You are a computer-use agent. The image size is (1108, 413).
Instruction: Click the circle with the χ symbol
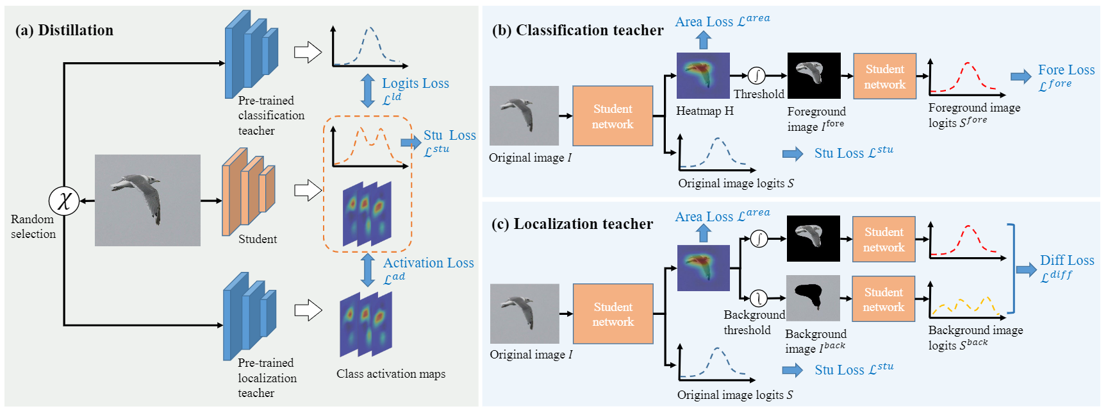pos(64,201)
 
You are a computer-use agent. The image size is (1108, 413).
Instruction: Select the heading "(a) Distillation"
pos(64,30)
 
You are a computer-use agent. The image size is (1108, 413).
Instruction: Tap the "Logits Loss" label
pos(415,83)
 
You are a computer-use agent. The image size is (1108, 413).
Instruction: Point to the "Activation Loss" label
pos(428,263)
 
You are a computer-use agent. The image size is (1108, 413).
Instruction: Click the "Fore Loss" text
pos(1066,70)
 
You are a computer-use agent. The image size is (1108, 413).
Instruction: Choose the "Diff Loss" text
pos(1066,260)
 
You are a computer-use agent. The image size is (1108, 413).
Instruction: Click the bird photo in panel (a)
pos(147,200)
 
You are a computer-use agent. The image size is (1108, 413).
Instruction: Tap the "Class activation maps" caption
pos(391,374)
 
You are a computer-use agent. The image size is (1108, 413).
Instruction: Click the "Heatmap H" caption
pos(704,111)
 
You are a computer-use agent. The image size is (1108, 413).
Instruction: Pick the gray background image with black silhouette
pos(813,298)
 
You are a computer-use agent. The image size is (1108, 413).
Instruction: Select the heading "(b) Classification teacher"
pos(577,30)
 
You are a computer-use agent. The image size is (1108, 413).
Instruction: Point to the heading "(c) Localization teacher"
pos(572,224)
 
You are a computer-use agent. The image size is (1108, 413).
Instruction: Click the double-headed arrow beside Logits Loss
pos(368,90)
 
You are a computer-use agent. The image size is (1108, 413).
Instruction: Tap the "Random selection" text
pos(33,226)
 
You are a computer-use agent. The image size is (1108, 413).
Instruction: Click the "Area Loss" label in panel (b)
pos(722,21)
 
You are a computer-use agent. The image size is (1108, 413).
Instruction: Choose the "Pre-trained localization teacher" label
pos(267,378)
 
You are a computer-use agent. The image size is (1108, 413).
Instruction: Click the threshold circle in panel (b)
pos(757,76)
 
